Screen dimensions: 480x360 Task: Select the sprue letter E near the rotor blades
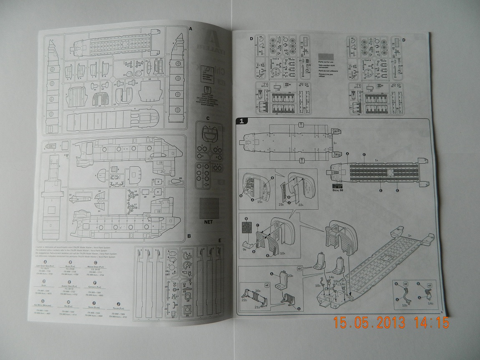[220, 241]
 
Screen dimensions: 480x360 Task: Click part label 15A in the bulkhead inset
[260, 202]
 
